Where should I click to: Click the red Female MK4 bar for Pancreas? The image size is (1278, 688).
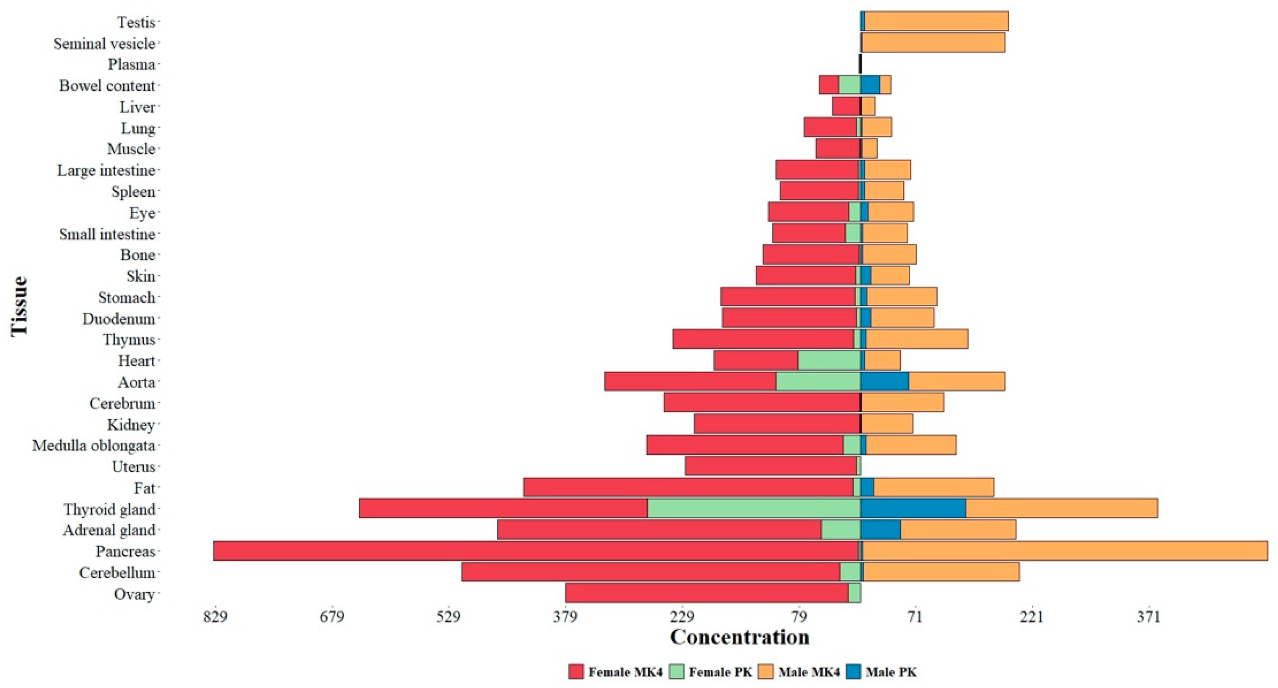click(x=536, y=551)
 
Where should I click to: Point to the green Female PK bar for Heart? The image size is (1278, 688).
click(x=829, y=361)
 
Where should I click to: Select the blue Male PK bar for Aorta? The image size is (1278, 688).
click(x=885, y=382)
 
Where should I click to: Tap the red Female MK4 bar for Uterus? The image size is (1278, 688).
click(x=771, y=467)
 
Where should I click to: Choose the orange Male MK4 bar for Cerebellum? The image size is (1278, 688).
click(x=941, y=572)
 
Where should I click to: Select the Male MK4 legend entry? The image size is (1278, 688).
click(x=801, y=672)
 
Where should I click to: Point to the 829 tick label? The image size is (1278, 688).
click(x=215, y=617)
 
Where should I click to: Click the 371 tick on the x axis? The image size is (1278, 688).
click(x=1149, y=617)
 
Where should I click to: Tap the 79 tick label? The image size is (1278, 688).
click(x=798, y=617)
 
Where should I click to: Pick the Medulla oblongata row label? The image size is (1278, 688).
click(x=94, y=446)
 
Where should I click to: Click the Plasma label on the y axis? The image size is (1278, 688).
click(x=131, y=64)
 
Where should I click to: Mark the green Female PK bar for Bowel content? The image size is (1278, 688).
click(x=849, y=85)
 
